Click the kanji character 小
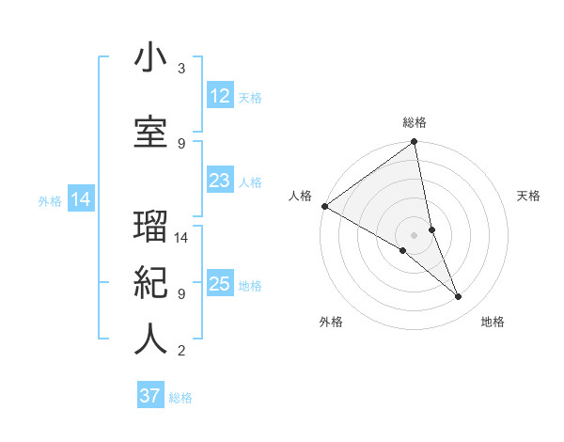[x=150, y=58]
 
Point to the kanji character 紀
[x=150, y=281]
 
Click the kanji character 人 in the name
[x=150, y=339]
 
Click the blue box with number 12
[x=219, y=96]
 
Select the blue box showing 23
[x=219, y=181]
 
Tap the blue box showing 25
[x=219, y=284]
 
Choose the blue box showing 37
[x=150, y=396]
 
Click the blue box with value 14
[x=80, y=199]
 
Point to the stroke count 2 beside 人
[x=181, y=351]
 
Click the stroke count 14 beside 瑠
[x=182, y=238]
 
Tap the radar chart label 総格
[x=415, y=122]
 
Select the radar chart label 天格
[x=529, y=196]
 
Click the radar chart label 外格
[x=331, y=322]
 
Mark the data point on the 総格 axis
[x=415, y=143]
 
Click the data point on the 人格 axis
[x=324, y=206]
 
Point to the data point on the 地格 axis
[x=459, y=296]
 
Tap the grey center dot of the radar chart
[x=415, y=234]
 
